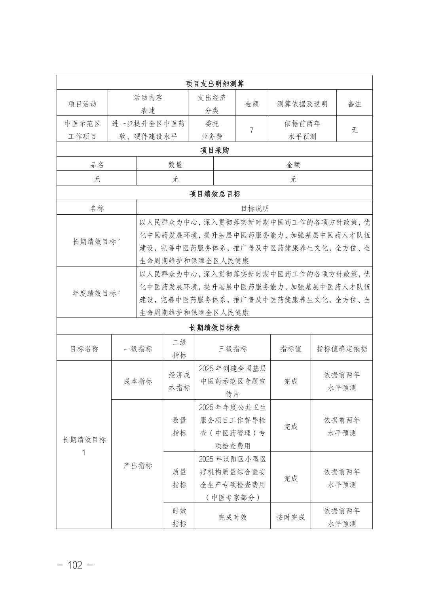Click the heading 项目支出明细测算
coord(214,83)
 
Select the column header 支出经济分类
coord(212,104)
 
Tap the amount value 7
coord(252,130)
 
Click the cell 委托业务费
coord(212,130)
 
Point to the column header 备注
coord(354,104)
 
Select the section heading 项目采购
coord(214,150)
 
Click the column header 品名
coord(97,164)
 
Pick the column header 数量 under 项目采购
coord(175,164)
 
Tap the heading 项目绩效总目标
coord(214,194)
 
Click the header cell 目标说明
coord(254,208)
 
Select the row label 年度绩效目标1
coord(97,293)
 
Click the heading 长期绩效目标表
coord(214,327)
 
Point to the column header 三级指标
coord(233,348)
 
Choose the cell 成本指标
coord(138,381)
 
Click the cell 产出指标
coord(138,465)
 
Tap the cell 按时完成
coord(290,517)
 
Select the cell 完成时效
coord(233,517)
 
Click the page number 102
coord(75,565)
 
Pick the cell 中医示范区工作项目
coord(82,130)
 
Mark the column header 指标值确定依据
coord(342,348)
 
